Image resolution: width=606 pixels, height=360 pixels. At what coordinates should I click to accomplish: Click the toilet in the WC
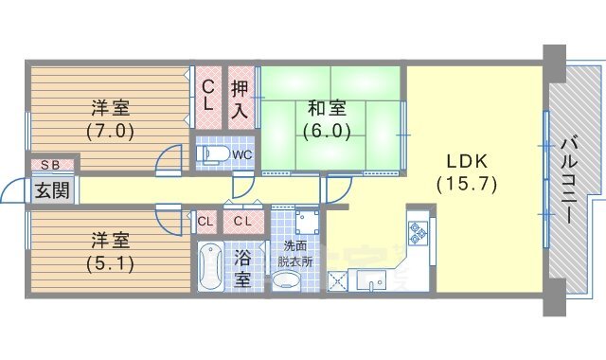(x=213, y=154)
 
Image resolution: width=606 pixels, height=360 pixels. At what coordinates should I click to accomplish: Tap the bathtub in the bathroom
(x=210, y=266)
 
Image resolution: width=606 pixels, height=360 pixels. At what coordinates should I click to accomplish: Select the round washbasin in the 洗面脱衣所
(x=286, y=280)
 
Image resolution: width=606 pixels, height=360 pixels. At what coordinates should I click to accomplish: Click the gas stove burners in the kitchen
(x=419, y=231)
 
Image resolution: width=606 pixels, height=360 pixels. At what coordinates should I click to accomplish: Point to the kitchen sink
(x=371, y=280)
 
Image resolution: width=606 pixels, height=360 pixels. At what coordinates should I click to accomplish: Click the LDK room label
(x=467, y=161)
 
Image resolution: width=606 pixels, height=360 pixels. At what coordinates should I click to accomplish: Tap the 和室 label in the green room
(x=327, y=108)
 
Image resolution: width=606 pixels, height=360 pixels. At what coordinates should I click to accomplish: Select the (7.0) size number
(x=110, y=131)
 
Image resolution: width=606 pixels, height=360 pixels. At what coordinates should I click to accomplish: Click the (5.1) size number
(x=110, y=263)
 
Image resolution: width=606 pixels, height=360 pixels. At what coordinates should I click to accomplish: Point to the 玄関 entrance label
(x=52, y=190)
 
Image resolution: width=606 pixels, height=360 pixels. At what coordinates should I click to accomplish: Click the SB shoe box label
(x=50, y=165)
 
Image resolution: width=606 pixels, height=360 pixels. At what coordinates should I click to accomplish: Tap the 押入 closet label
(x=240, y=99)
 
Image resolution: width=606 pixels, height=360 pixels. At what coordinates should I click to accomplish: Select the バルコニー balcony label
(x=568, y=180)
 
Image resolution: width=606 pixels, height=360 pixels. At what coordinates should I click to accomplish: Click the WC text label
(x=242, y=155)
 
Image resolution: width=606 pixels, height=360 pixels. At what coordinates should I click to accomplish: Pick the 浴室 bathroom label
(x=242, y=269)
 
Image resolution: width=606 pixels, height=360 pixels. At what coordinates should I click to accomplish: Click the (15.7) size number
(x=467, y=185)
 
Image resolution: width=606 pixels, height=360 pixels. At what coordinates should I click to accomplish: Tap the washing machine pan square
(x=307, y=222)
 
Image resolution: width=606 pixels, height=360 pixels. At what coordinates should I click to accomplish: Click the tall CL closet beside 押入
(x=208, y=99)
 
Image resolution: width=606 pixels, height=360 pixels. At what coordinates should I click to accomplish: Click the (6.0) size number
(x=327, y=131)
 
